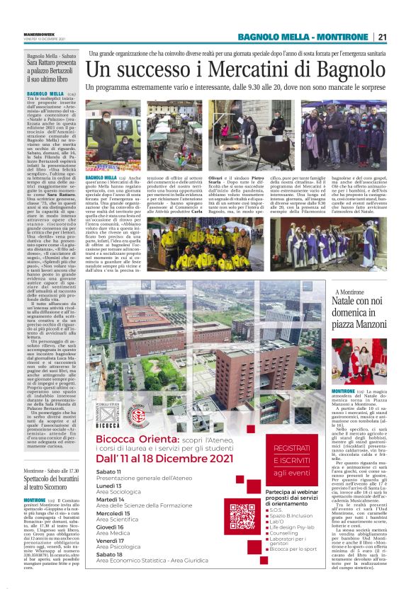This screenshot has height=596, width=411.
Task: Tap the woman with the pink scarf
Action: coord(313,129)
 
